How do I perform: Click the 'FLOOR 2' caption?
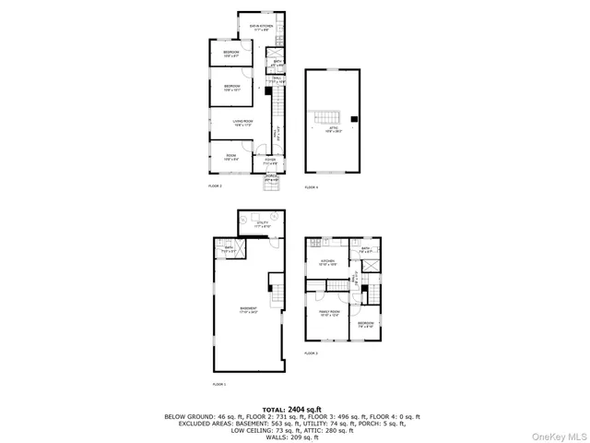click(215, 186)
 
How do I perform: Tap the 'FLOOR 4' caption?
click(311, 187)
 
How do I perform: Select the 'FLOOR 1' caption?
click(218, 384)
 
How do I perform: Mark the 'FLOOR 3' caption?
click(311, 353)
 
